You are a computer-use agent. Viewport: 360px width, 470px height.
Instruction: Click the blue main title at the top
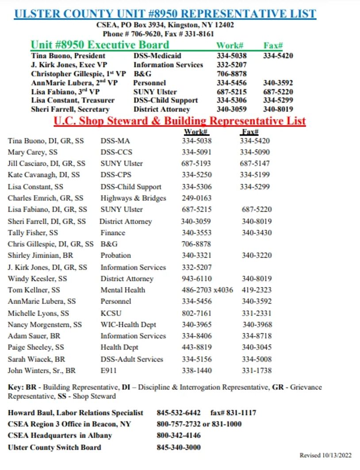(165, 13)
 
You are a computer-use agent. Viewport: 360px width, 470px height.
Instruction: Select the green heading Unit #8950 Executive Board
(100, 45)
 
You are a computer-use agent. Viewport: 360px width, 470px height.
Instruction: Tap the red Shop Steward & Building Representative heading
(180, 121)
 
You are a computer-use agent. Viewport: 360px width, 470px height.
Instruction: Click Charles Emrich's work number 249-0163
(196, 198)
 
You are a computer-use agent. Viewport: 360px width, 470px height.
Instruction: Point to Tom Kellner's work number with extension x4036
(207, 290)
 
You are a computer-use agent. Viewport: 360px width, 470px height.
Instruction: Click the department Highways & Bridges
(133, 198)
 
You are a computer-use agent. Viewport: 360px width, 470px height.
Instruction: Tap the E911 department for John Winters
(109, 371)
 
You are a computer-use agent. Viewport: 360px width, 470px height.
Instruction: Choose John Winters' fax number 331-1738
(257, 371)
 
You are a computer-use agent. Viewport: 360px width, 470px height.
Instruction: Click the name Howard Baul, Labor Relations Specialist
(76, 413)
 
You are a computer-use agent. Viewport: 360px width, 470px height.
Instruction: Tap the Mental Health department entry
(123, 290)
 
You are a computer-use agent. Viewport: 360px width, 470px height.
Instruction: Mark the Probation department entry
(115, 256)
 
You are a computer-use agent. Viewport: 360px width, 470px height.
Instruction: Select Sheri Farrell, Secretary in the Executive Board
(70, 109)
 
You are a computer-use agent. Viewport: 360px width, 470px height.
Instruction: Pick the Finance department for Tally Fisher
(113, 233)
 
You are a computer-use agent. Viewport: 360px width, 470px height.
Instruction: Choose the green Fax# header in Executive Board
(273, 45)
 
